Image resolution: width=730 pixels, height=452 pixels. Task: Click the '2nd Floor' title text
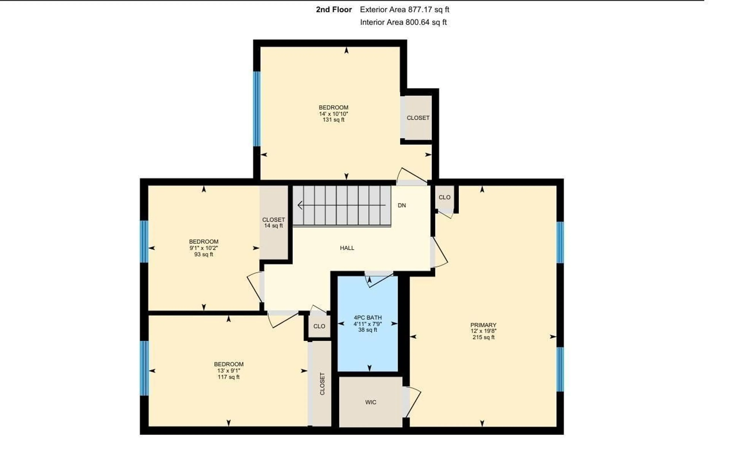click(334, 10)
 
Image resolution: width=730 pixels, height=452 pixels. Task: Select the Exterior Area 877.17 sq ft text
click(404, 10)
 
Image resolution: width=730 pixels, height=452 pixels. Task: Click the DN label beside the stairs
click(402, 205)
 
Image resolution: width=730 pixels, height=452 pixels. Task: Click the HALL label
click(347, 248)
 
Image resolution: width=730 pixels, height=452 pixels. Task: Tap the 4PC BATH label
click(367, 317)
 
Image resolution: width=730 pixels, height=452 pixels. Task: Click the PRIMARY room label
click(483, 325)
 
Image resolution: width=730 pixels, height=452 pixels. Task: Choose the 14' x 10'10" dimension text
click(333, 114)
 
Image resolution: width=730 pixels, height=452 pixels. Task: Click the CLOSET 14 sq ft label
click(273, 223)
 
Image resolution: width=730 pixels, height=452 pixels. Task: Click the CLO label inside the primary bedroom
click(444, 197)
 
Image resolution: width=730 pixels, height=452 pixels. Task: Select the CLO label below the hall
click(319, 326)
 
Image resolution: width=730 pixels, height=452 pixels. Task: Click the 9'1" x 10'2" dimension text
click(204, 248)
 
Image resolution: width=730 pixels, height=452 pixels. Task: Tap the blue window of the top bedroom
click(257, 109)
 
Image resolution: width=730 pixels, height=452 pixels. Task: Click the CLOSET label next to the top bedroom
click(418, 118)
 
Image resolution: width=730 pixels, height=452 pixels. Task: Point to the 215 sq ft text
click(483, 337)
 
